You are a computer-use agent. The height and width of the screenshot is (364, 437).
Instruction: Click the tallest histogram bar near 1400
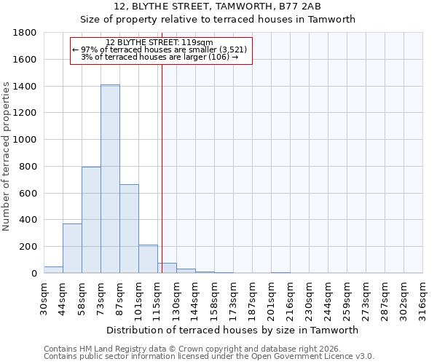pos(110,178)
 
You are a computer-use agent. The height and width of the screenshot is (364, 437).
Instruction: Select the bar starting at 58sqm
pos(91,220)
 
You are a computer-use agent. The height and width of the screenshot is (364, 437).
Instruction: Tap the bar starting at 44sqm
pos(72,248)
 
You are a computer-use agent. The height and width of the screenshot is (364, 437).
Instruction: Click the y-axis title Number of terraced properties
pos(7,157)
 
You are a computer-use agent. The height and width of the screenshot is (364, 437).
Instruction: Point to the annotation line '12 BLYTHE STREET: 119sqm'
pos(160,43)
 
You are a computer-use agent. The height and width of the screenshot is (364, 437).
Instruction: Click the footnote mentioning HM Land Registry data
pos(192,349)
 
